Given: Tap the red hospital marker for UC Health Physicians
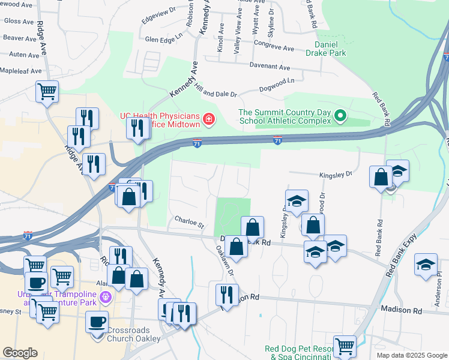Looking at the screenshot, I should (x=209, y=121).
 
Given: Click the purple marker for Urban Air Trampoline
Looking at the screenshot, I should (x=106, y=296).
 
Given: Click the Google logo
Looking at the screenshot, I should (x=20, y=353).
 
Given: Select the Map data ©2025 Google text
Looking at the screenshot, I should (x=412, y=355).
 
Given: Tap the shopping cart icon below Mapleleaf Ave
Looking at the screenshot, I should (x=47, y=92).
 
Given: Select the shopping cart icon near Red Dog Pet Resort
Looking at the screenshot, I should (x=345, y=345).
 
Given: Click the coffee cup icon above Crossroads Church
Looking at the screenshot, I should (x=97, y=321).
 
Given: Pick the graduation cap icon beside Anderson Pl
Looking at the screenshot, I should (x=426, y=265).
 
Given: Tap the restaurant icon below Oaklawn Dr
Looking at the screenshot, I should (x=227, y=294).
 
